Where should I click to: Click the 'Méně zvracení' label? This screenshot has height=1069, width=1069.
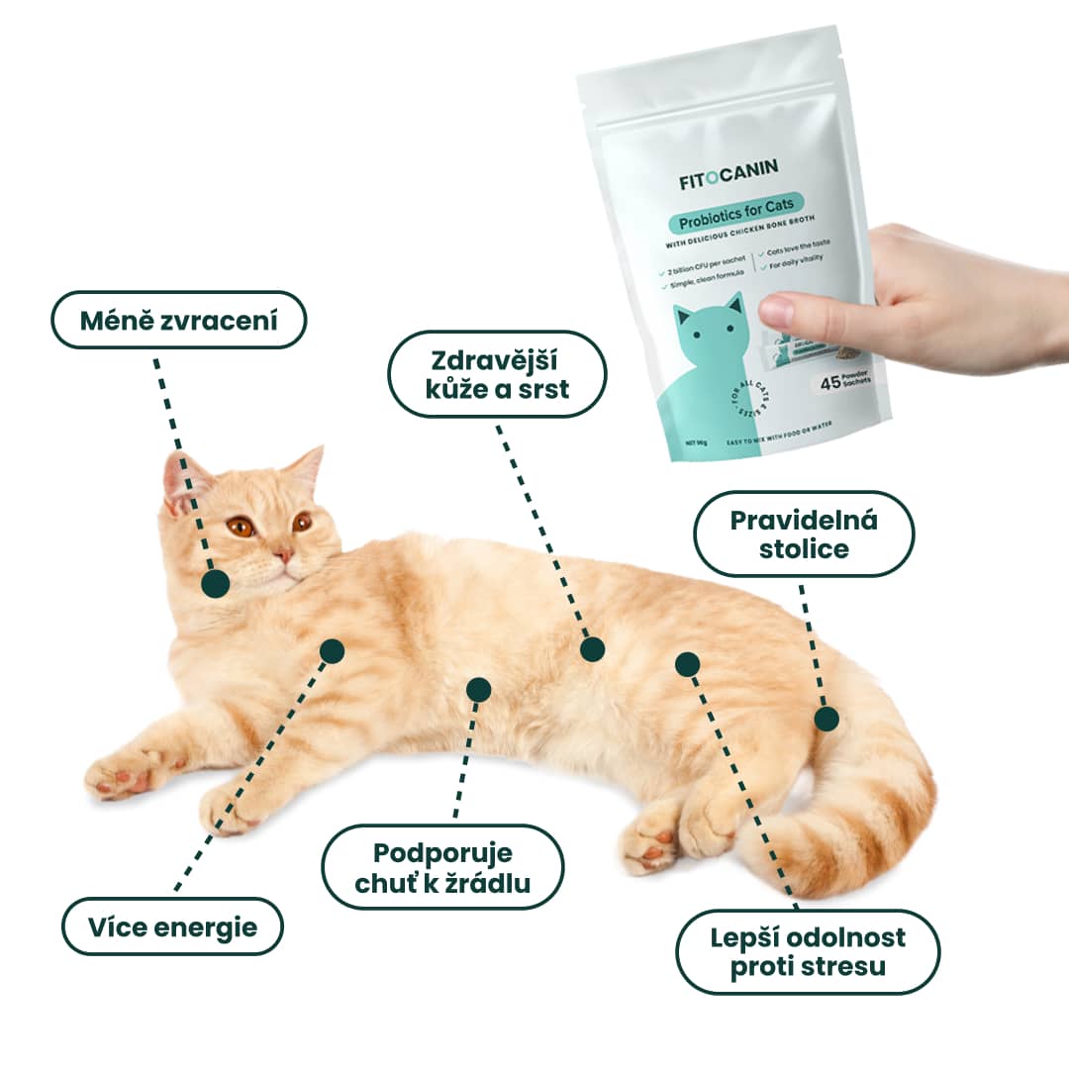tap(179, 320)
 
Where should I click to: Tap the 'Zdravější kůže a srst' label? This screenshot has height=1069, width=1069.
tap(496, 373)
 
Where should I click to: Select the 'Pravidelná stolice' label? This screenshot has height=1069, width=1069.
tap(804, 534)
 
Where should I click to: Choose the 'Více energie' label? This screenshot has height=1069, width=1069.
tap(172, 926)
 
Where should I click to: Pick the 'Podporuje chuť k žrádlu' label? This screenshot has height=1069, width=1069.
tap(443, 867)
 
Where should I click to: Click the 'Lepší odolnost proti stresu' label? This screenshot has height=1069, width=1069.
tap(807, 951)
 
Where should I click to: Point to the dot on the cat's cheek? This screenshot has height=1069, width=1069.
tap(215, 583)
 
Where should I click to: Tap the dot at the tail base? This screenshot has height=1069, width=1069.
tap(826, 719)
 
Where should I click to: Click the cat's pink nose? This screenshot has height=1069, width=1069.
tap(284, 555)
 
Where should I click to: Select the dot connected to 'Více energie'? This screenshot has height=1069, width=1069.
tap(332, 650)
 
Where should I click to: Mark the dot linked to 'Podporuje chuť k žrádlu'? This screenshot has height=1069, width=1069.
tap(478, 689)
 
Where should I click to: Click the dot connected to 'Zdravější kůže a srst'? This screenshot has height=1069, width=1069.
tap(592, 649)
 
